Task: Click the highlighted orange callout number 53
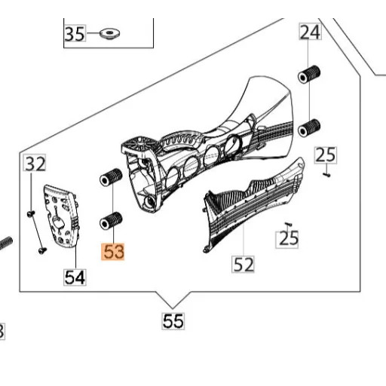click(x=113, y=252)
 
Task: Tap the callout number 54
click(x=75, y=277)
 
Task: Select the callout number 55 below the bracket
click(x=173, y=321)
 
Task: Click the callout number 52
click(x=243, y=264)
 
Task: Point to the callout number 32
click(x=35, y=163)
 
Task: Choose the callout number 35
click(x=75, y=33)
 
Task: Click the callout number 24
click(x=311, y=32)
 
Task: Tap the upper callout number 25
click(x=326, y=155)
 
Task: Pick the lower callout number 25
click(x=287, y=240)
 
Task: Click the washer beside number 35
click(x=109, y=33)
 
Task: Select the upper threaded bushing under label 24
click(x=309, y=74)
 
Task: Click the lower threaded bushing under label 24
click(x=309, y=128)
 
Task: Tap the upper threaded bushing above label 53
click(x=111, y=177)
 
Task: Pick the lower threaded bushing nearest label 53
click(x=111, y=221)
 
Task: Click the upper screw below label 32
click(x=31, y=213)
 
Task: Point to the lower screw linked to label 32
click(x=42, y=250)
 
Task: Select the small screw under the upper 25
click(x=326, y=174)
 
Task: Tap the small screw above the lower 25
click(x=288, y=223)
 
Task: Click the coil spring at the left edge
click(x=5, y=243)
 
